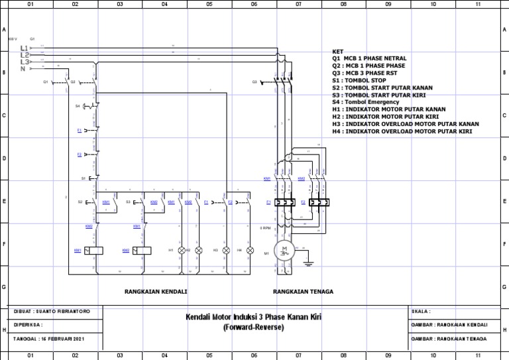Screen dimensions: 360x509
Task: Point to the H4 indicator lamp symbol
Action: coord(250,250)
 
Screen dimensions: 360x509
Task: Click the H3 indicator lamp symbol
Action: coord(225,250)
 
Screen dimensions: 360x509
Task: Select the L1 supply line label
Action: coord(25,48)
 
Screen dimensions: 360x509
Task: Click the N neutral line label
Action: coord(23,68)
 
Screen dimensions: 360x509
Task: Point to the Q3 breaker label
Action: coord(254,82)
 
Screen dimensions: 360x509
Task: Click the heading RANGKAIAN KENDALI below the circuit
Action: coord(156,291)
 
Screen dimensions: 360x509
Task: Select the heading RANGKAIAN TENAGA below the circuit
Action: coord(303,291)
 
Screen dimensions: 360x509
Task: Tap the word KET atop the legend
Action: coord(338,51)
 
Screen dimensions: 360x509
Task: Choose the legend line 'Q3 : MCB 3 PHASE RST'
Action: coord(368,73)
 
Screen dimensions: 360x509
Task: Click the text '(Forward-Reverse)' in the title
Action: coord(254,328)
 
